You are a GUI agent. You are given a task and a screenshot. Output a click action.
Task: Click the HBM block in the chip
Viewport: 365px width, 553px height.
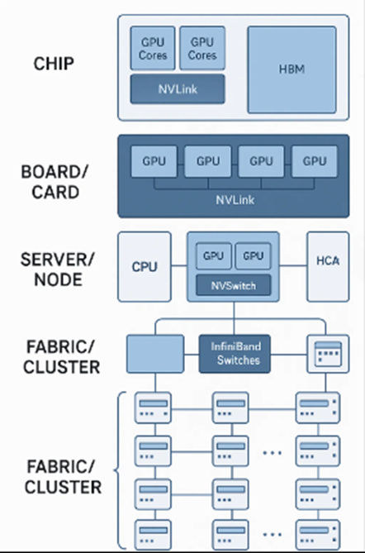click(292, 69)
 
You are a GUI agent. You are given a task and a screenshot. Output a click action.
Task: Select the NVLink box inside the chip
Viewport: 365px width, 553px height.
click(178, 89)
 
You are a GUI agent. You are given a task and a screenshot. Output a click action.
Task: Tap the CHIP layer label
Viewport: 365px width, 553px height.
click(54, 64)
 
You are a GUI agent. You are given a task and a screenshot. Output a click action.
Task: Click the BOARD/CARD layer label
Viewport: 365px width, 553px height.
click(55, 182)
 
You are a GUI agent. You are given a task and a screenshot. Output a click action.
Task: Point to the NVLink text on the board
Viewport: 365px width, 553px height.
click(235, 200)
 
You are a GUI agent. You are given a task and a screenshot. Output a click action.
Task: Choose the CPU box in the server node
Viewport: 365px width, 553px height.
click(145, 267)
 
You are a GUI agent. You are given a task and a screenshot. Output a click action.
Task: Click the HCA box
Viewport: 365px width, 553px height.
click(328, 267)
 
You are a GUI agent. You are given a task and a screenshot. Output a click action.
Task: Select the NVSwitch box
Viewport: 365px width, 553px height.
click(234, 285)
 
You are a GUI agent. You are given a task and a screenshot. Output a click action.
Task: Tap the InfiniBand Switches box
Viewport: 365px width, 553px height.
click(235, 354)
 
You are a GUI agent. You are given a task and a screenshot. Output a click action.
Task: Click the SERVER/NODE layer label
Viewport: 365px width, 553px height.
click(58, 269)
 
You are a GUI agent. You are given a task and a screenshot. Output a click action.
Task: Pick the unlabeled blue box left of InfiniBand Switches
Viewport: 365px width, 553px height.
click(155, 354)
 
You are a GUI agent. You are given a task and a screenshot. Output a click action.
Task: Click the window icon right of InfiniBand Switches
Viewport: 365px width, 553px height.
click(328, 354)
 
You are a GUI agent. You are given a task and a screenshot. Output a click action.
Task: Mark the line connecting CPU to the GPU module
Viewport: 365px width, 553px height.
click(179, 265)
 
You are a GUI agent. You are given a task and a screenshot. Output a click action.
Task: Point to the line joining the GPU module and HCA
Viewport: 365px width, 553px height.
click(293, 265)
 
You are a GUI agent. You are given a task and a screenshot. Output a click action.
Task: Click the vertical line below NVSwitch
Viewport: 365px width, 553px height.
click(234, 318)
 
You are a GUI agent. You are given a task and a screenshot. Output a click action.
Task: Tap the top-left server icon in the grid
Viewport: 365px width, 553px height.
click(154, 408)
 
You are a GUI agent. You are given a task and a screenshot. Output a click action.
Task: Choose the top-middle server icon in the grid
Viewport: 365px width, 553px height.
click(230, 408)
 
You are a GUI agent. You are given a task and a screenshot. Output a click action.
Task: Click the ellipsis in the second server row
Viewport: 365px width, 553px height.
click(273, 452)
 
